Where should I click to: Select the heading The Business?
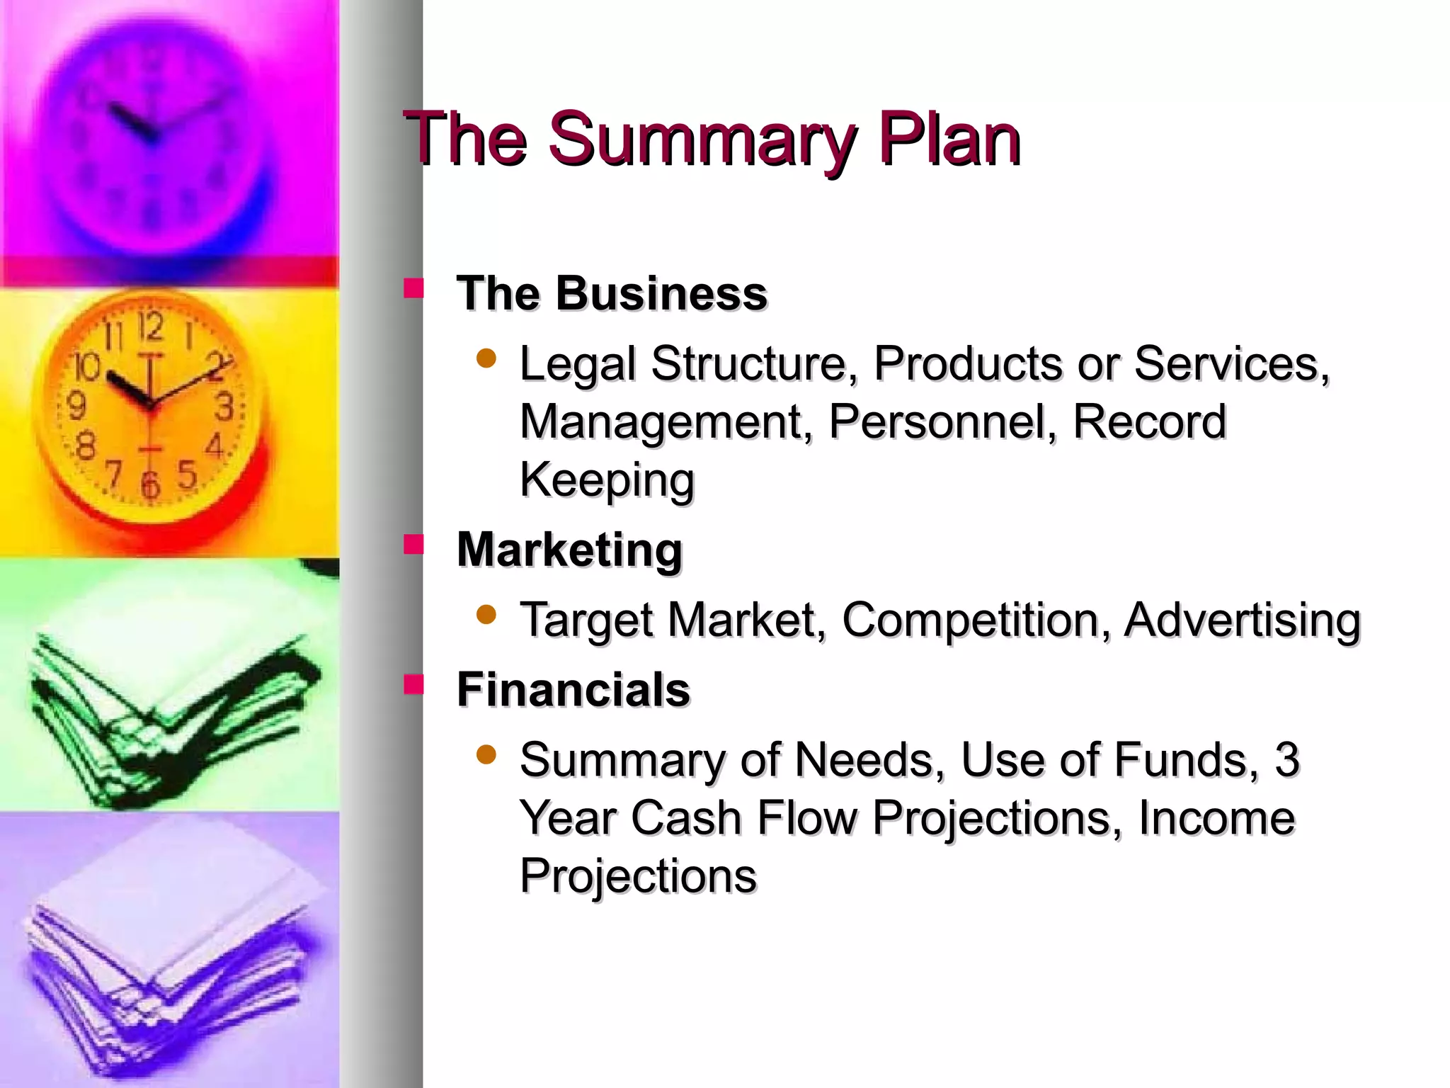[612, 293]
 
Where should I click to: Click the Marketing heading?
[569, 550]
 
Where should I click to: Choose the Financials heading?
[573, 689]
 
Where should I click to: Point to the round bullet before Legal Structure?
[486, 358]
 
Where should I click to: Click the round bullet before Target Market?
[486, 614]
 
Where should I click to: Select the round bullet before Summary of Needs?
[486, 754]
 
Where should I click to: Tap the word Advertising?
[1242, 620]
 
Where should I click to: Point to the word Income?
[1216, 818]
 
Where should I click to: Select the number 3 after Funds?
[1286, 759]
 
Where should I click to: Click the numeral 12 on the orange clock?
[150, 327]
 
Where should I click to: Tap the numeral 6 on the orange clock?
[150, 485]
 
